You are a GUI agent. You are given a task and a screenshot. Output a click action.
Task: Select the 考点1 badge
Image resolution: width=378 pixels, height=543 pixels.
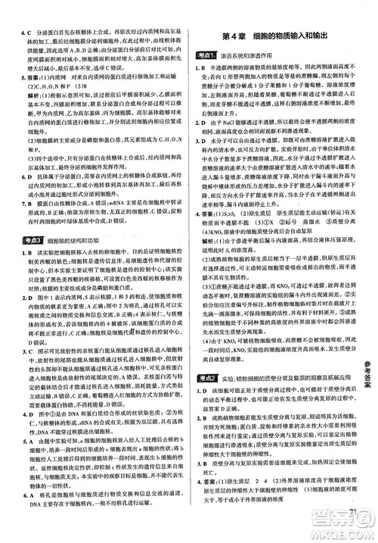click(207, 56)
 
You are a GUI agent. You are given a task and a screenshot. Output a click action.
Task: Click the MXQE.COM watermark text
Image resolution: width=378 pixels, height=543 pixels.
click(340, 527)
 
